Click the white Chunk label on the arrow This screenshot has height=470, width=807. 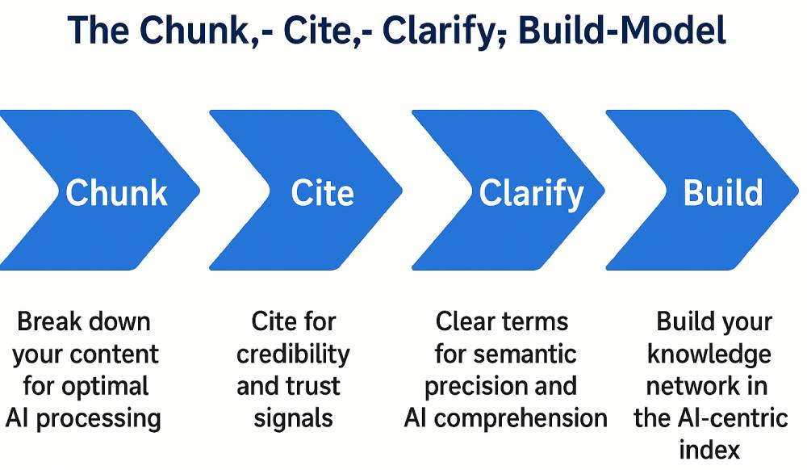tap(116, 193)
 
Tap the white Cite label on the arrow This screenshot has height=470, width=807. tap(322, 193)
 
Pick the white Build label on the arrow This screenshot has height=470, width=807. tap(722, 193)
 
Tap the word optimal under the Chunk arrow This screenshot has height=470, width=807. tap(106, 387)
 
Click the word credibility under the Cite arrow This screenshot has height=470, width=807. tap(293, 355)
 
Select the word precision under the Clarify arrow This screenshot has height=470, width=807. tap(471, 387)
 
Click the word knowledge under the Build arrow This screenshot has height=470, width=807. tap(709, 355)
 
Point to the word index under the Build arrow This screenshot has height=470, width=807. tap(709, 450)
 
